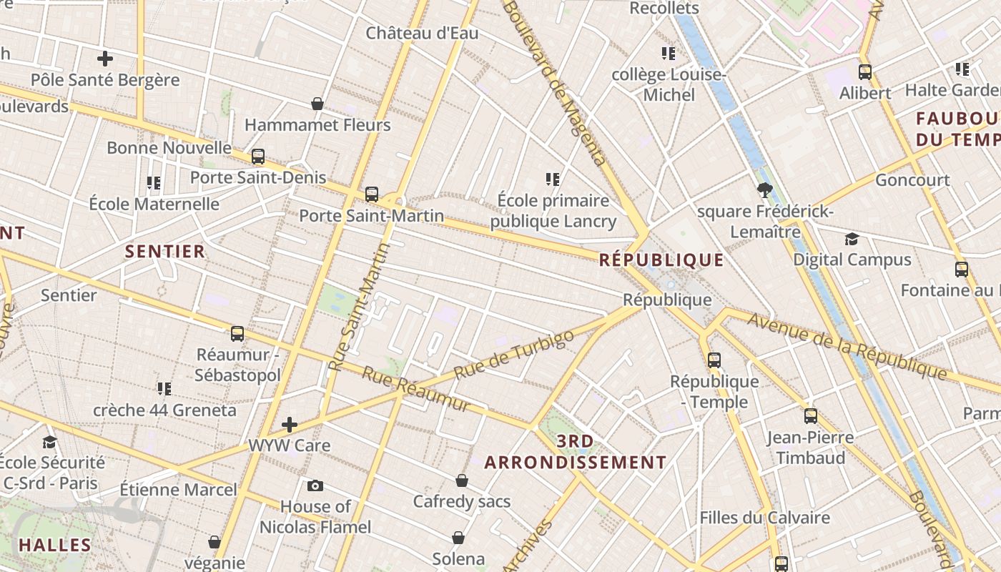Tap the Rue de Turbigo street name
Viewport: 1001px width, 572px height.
(514, 355)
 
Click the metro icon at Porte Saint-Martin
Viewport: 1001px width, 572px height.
(372, 194)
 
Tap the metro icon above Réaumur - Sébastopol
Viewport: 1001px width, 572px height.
(237, 333)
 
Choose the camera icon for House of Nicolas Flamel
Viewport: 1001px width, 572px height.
(315, 486)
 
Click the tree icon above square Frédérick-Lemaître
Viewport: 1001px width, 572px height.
(764, 189)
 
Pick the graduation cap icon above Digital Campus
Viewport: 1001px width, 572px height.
(852, 239)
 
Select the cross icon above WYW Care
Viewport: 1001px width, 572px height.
(289, 425)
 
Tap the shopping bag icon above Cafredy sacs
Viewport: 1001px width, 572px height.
(462, 480)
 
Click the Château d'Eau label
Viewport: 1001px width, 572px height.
(422, 33)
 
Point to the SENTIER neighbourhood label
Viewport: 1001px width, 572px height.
(165, 252)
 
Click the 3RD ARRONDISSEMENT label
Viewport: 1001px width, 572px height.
(576, 452)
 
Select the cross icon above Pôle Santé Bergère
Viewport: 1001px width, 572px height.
(105, 58)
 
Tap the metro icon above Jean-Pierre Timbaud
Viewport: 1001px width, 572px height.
(810, 415)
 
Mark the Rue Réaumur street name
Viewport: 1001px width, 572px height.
(416, 389)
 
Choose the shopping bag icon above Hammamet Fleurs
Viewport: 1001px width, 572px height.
(317, 104)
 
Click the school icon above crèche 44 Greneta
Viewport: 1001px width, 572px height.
(164, 389)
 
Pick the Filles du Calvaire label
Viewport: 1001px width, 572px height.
(764, 518)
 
